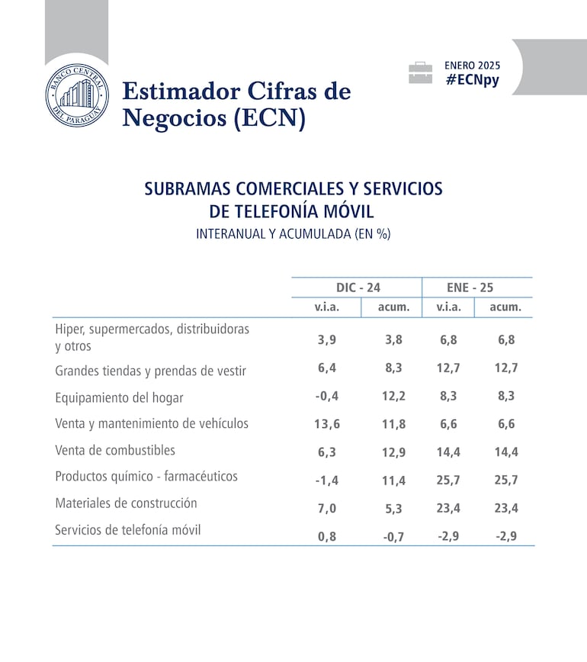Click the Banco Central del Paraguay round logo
[76, 97]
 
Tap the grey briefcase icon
[420, 73]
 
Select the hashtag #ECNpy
[473, 80]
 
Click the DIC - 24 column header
[358, 288]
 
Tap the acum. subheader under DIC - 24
[393, 307]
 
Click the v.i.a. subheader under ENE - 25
[448, 307]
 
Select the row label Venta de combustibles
[115, 450]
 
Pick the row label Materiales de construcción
[126, 503]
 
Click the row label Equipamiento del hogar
[119, 397]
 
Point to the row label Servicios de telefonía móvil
[128, 529]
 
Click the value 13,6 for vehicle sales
[328, 425]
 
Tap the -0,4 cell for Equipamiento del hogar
[328, 397]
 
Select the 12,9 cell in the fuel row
[393, 452]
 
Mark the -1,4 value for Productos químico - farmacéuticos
[328, 480]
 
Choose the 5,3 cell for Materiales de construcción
[393, 508]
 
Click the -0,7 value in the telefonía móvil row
[393, 537]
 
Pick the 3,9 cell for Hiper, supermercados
[328, 340]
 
